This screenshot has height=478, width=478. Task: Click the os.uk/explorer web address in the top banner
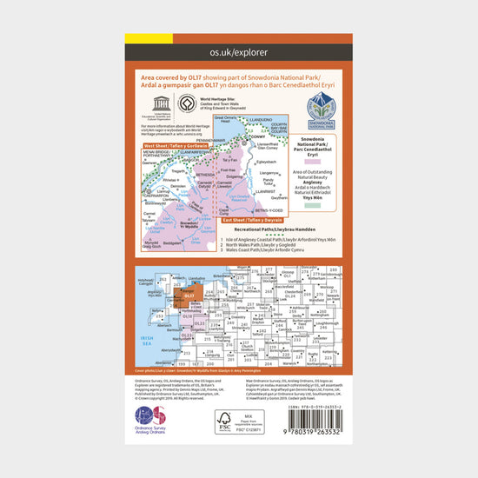click(x=239, y=53)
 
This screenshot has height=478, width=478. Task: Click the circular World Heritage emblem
click(x=185, y=101)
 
